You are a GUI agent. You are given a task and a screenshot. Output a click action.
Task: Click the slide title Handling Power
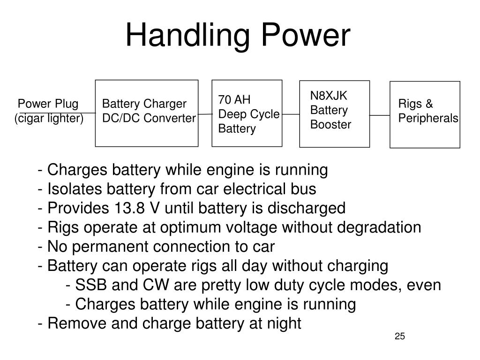(x=238, y=36)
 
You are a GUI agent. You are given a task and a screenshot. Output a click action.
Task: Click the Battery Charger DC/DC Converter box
(x=147, y=113)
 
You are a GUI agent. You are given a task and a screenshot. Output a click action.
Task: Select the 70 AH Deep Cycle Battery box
(x=247, y=113)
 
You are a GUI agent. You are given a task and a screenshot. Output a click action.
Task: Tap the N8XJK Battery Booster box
(x=334, y=113)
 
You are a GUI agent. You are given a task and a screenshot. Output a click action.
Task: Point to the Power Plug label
(x=48, y=104)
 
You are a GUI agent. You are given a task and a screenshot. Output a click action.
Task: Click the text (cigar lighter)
(x=49, y=119)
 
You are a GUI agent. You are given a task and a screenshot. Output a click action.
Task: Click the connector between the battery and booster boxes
(x=291, y=114)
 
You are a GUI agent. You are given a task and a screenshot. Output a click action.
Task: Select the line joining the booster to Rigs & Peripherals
(x=380, y=114)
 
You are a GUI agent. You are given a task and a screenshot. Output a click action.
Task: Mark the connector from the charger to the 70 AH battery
(x=205, y=114)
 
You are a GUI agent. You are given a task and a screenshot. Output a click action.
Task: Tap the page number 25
(x=399, y=336)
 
